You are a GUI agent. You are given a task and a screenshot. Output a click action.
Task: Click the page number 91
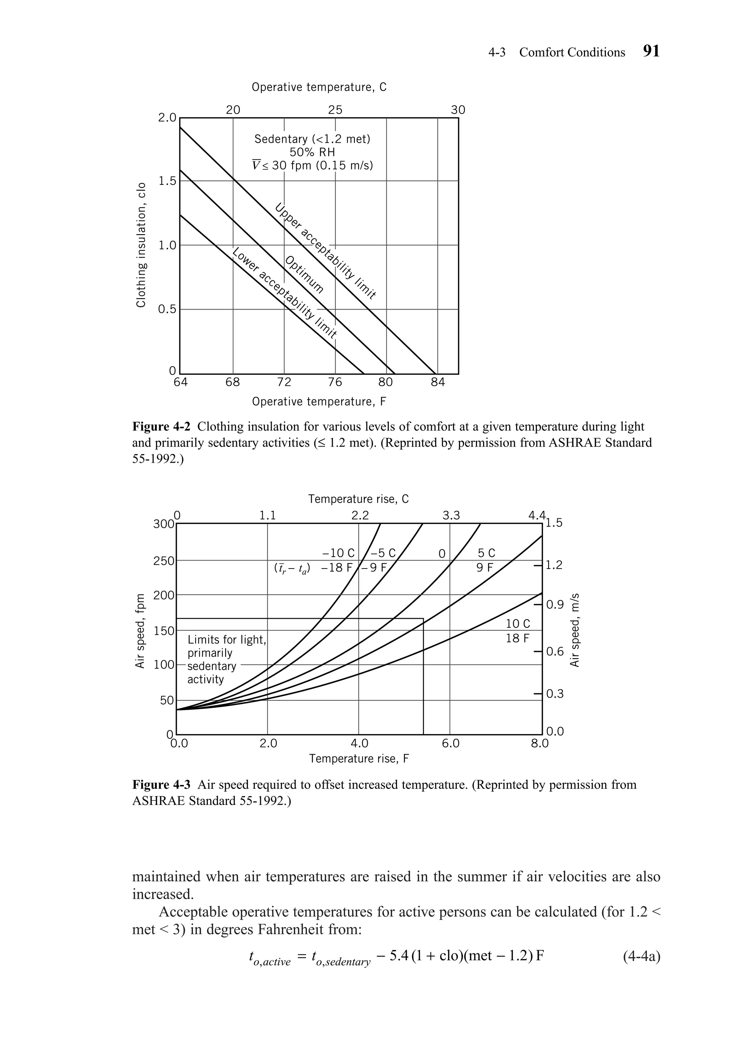[651, 51]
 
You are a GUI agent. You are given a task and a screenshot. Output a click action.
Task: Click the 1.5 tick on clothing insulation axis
[167, 181]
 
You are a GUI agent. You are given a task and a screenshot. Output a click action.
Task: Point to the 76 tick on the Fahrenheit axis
[335, 382]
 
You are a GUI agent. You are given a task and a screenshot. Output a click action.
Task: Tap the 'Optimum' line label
[304, 275]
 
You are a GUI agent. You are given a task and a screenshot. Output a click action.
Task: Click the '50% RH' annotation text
[312, 152]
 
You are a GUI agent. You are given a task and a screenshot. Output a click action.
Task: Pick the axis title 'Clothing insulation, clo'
[141, 245]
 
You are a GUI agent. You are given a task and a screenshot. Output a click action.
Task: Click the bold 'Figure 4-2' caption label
[161, 426]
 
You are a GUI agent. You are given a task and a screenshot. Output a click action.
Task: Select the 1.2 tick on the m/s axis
[554, 565]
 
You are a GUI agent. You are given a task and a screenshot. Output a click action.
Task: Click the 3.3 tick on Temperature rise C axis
[451, 515]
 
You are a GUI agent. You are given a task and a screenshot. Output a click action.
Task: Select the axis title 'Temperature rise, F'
[359, 758]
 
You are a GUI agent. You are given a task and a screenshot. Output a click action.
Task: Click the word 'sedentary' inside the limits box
[211, 666]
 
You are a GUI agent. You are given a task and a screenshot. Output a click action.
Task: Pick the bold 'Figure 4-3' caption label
[161, 785]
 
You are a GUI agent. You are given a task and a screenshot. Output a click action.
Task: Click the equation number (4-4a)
[641, 956]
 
